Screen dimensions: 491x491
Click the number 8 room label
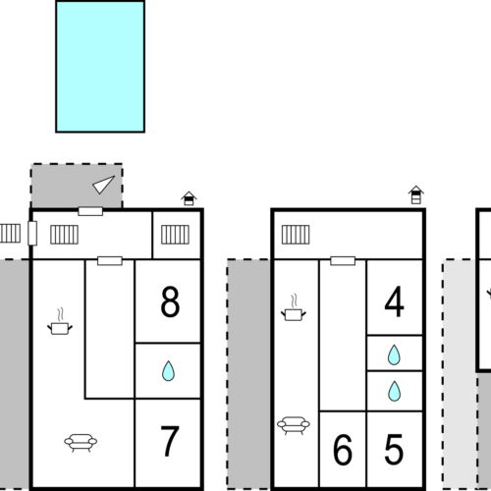pos(170,301)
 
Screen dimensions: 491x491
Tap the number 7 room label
pos(170,441)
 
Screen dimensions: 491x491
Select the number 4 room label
pos(395,301)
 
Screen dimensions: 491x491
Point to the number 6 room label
pos(343,449)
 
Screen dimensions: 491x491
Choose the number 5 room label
pos(394,449)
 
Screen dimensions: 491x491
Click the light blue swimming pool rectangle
pos(100,67)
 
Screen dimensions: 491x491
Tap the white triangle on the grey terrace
pos(103,185)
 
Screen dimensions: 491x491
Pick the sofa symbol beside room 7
pos(81,443)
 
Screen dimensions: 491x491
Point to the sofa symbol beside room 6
pos(294,425)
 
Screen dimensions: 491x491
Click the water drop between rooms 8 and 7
pos(168,371)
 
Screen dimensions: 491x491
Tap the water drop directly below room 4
pos(394,355)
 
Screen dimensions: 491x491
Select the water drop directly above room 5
pos(394,391)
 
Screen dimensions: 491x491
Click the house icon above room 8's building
pos(189,198)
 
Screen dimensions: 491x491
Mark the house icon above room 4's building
pos(416,194)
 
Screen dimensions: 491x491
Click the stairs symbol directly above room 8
pos(175,235)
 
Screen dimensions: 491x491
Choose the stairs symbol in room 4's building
pos(296,235)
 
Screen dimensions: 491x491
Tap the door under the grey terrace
pos(90,211)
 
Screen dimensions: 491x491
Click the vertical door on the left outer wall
pos(32,233)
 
